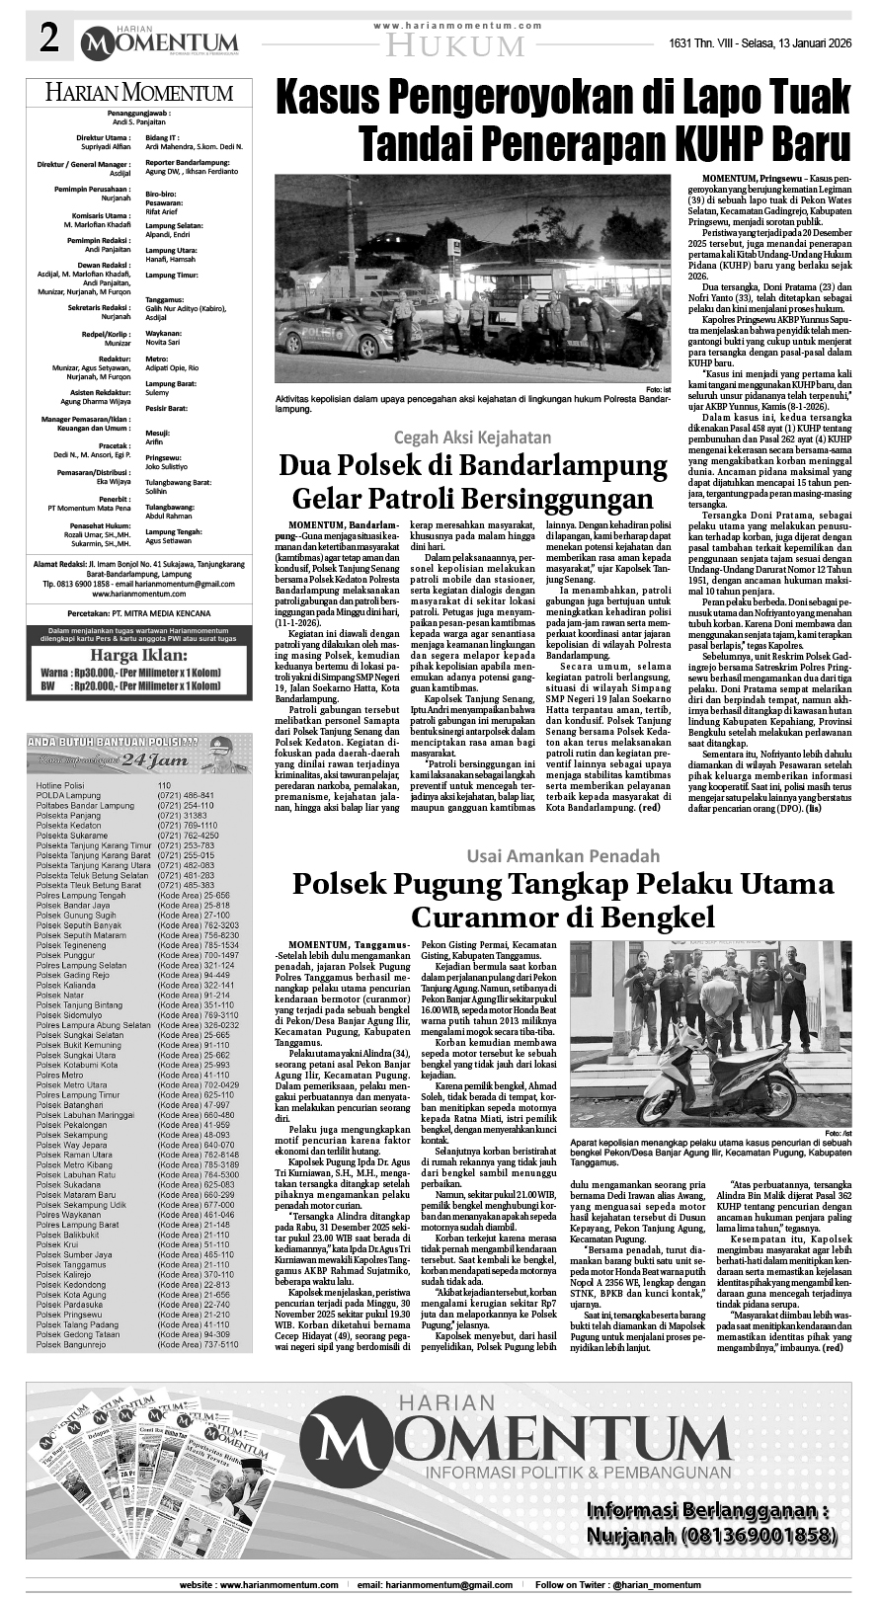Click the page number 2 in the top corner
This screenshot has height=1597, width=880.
(x=46, y=40)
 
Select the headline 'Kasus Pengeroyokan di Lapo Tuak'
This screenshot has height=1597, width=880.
(x=562, y=101)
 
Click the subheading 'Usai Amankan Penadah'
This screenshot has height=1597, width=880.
(x=563, y=854)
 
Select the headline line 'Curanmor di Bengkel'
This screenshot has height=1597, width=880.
(x=562, y=918)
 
